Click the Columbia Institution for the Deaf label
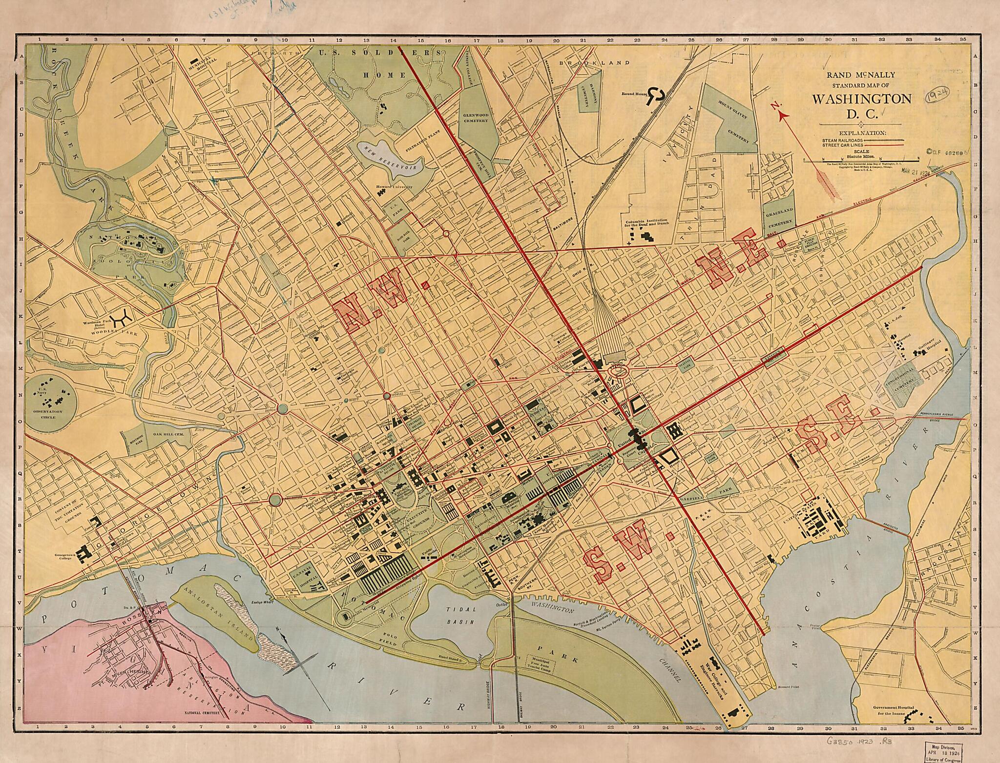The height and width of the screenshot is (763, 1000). tap(648, 224)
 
